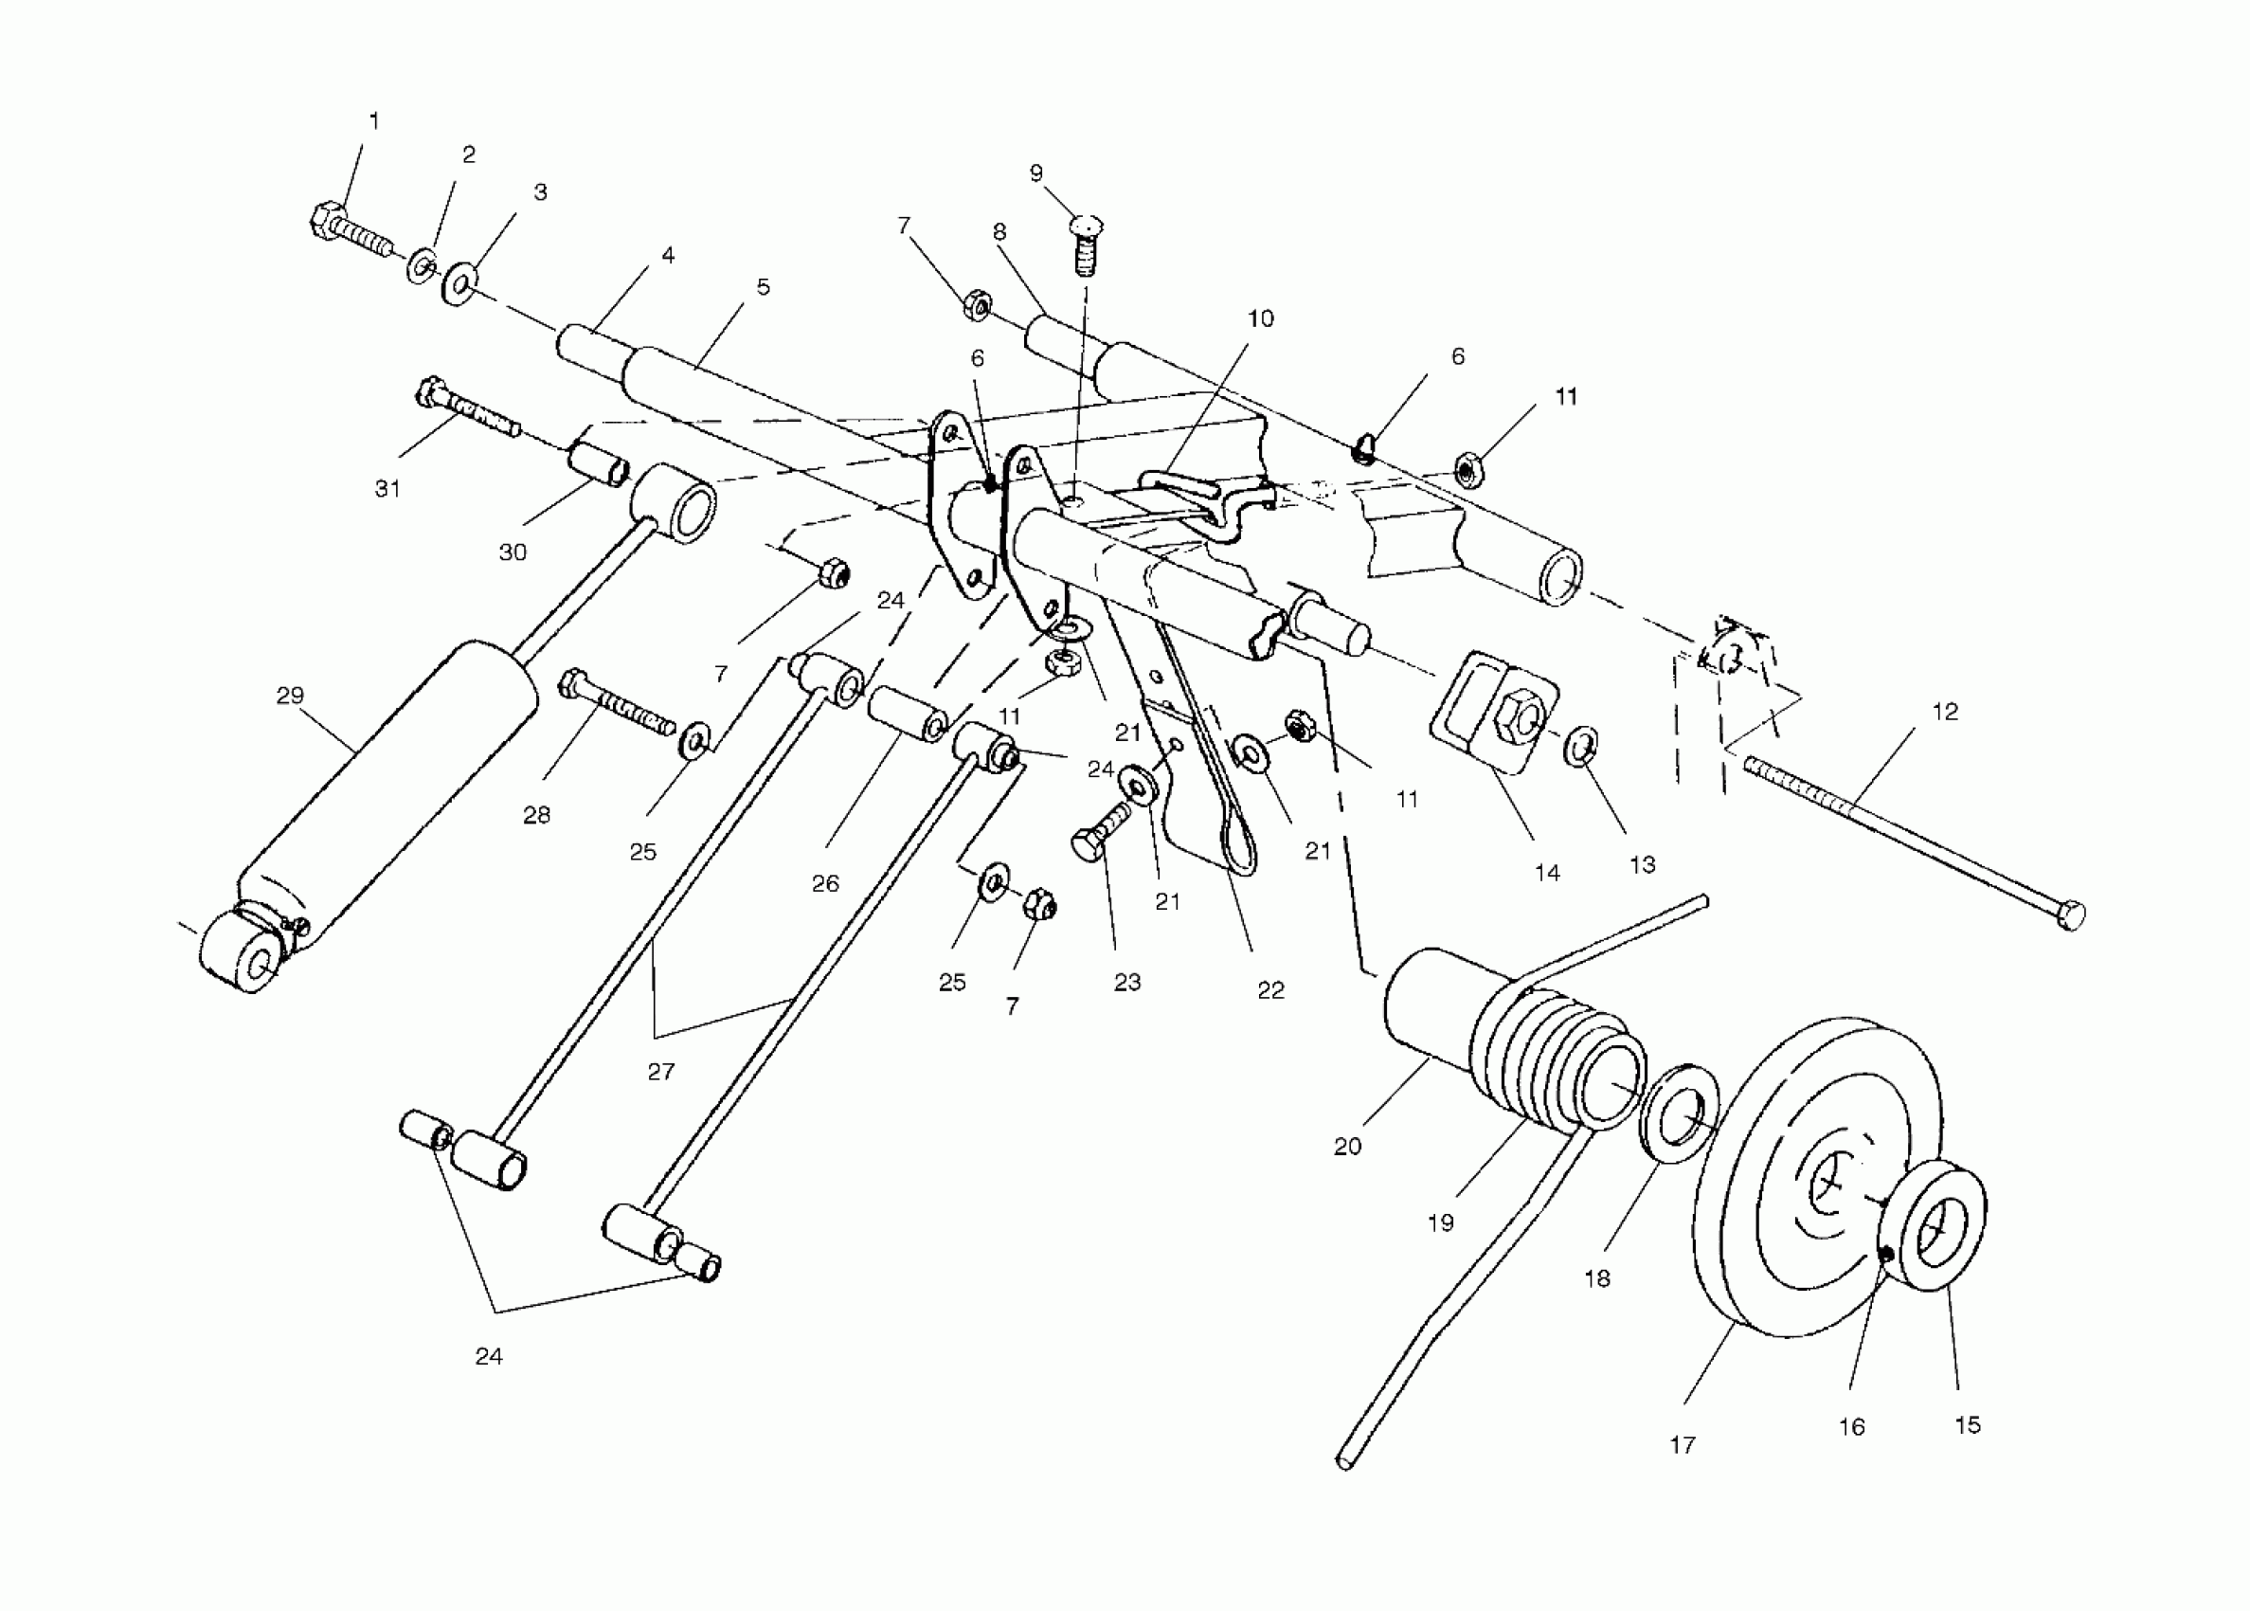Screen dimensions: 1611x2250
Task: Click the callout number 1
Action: tap(374, 121)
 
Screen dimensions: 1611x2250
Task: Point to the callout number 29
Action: tap(290, 696)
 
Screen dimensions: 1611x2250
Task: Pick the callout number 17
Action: tap(1683, 1445)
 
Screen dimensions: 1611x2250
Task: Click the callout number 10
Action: tap(1259, 318)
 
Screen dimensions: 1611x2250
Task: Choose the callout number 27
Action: tap(660, 1072)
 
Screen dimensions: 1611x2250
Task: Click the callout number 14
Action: tap(1547, 873)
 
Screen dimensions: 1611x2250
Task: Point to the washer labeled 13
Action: tap(1580, 747)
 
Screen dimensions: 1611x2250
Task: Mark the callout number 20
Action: tap(1346, 1147)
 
